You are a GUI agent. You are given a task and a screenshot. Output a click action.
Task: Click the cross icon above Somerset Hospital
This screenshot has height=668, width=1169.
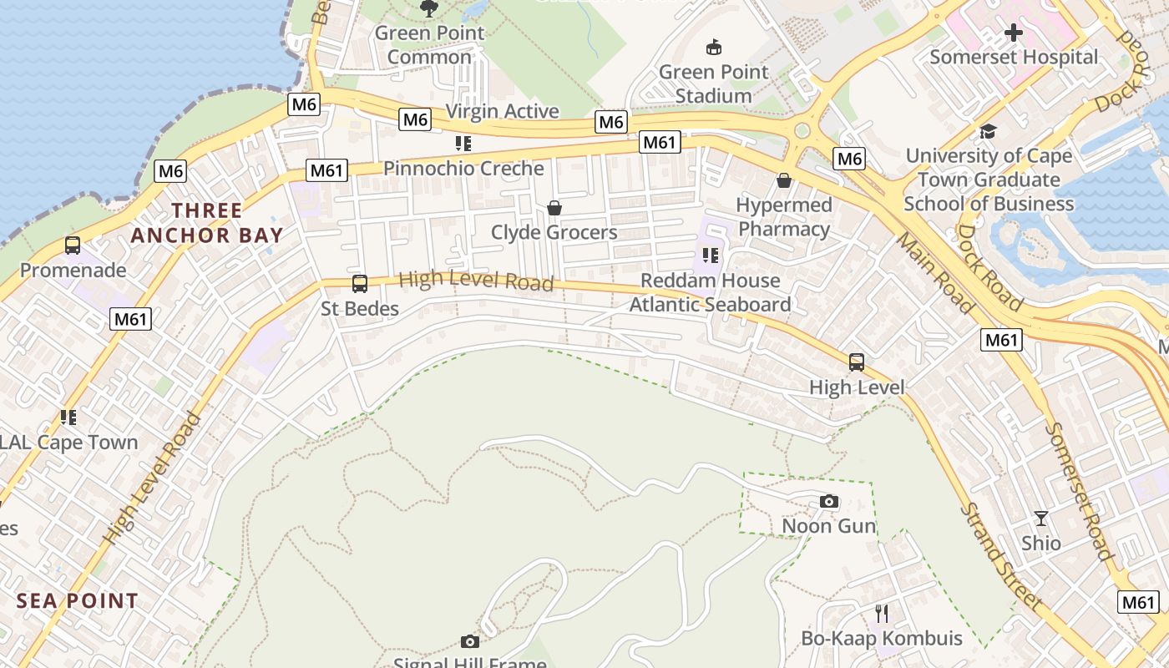[1014, 33]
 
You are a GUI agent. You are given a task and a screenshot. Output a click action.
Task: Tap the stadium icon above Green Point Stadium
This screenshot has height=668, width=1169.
[713, 47]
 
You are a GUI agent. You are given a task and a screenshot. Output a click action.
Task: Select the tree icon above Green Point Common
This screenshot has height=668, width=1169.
[429, 8]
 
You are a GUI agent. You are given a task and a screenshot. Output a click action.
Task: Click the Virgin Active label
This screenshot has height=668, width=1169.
[502, 111]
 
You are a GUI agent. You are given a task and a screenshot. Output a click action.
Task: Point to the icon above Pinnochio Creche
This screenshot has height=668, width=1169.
[463, 144]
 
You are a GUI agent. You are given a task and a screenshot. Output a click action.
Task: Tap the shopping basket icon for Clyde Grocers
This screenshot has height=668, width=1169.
[554, 207]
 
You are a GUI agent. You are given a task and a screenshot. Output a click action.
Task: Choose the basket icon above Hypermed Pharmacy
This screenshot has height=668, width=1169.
[783, 180]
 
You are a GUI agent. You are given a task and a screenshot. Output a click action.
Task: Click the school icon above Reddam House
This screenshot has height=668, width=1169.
[710, 255]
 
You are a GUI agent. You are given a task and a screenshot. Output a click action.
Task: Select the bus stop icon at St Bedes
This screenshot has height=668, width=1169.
[360, 284]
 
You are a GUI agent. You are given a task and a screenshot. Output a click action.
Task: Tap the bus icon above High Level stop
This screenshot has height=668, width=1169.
[857, 362]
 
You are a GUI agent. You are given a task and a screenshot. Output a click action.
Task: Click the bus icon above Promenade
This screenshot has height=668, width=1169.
[73, 245]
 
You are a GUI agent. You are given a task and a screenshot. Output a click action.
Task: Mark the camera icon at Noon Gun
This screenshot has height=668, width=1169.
[828, 501]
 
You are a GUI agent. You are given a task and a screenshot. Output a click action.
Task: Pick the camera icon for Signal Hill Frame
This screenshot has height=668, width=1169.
[470, 641]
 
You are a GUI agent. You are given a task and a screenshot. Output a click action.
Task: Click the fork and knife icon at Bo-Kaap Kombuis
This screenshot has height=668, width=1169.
[882, 614]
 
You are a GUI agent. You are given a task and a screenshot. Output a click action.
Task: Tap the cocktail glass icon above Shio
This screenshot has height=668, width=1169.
[1040, 518]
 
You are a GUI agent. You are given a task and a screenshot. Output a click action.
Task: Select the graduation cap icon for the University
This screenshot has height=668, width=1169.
[989, 131]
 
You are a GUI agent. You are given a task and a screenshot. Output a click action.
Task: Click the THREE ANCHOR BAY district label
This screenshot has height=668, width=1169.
[207, 223]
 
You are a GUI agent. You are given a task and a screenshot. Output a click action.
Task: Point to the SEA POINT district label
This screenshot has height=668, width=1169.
[77, 600]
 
